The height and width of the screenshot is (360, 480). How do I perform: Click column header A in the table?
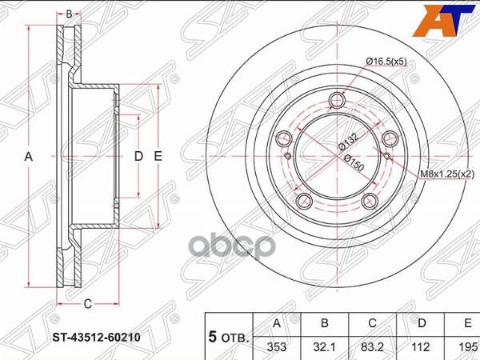click(277, 323)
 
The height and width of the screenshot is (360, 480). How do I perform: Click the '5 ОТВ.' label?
click(228, 336)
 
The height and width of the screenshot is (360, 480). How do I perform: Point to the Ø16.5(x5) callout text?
click(388, 61)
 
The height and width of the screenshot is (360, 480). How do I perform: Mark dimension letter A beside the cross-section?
click(29, 157)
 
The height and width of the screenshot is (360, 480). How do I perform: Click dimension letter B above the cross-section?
click(69, 14)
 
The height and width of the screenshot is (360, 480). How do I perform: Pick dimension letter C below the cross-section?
click(88, 302)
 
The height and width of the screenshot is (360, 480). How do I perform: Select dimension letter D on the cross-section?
click(138, 157)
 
